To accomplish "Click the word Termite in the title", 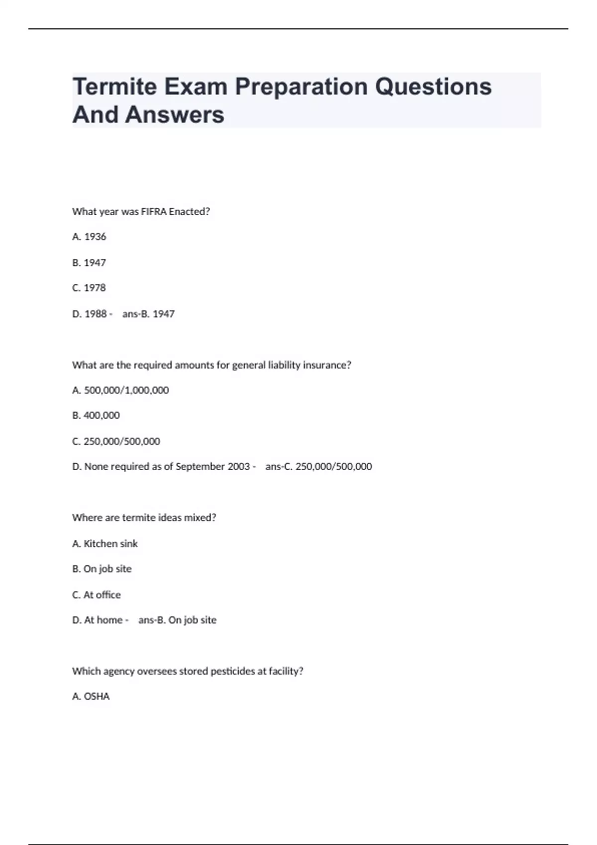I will (114, 86).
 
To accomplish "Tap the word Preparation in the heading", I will (301, 86).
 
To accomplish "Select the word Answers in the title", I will (175, 115).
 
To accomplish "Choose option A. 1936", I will (90, 237).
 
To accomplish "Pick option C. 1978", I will (90, 288).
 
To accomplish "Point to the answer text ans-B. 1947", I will (148, 314).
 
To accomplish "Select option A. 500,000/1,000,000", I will (120, 391).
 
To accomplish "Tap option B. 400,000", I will (96, 416).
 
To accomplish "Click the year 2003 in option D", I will (239, 467).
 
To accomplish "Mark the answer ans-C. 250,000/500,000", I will (318, 467).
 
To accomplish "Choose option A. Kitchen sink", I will (105, 544).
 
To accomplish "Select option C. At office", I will (97, 595).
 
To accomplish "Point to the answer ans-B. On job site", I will (177, 620).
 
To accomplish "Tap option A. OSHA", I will (91, 697).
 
